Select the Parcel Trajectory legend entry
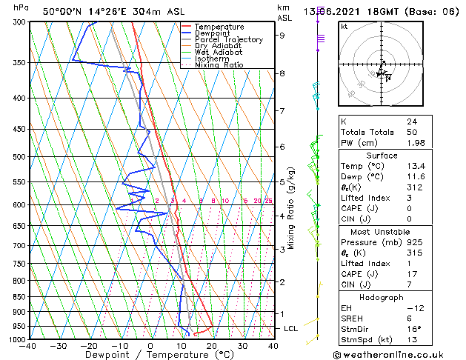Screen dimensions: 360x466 (228, 40)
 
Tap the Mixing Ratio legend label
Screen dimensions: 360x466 (219, 65)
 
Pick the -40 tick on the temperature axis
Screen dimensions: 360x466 (28, 345)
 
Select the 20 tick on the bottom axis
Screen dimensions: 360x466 (211, 345)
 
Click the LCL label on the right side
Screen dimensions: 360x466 (292, 328)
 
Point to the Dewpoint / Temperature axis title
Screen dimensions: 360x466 (151, 355)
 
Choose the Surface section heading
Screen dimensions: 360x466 (382, 156)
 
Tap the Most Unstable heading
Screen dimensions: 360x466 (382, 232)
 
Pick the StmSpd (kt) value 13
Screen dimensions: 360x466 (412, 340)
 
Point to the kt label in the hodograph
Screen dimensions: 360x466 (344, 26)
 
